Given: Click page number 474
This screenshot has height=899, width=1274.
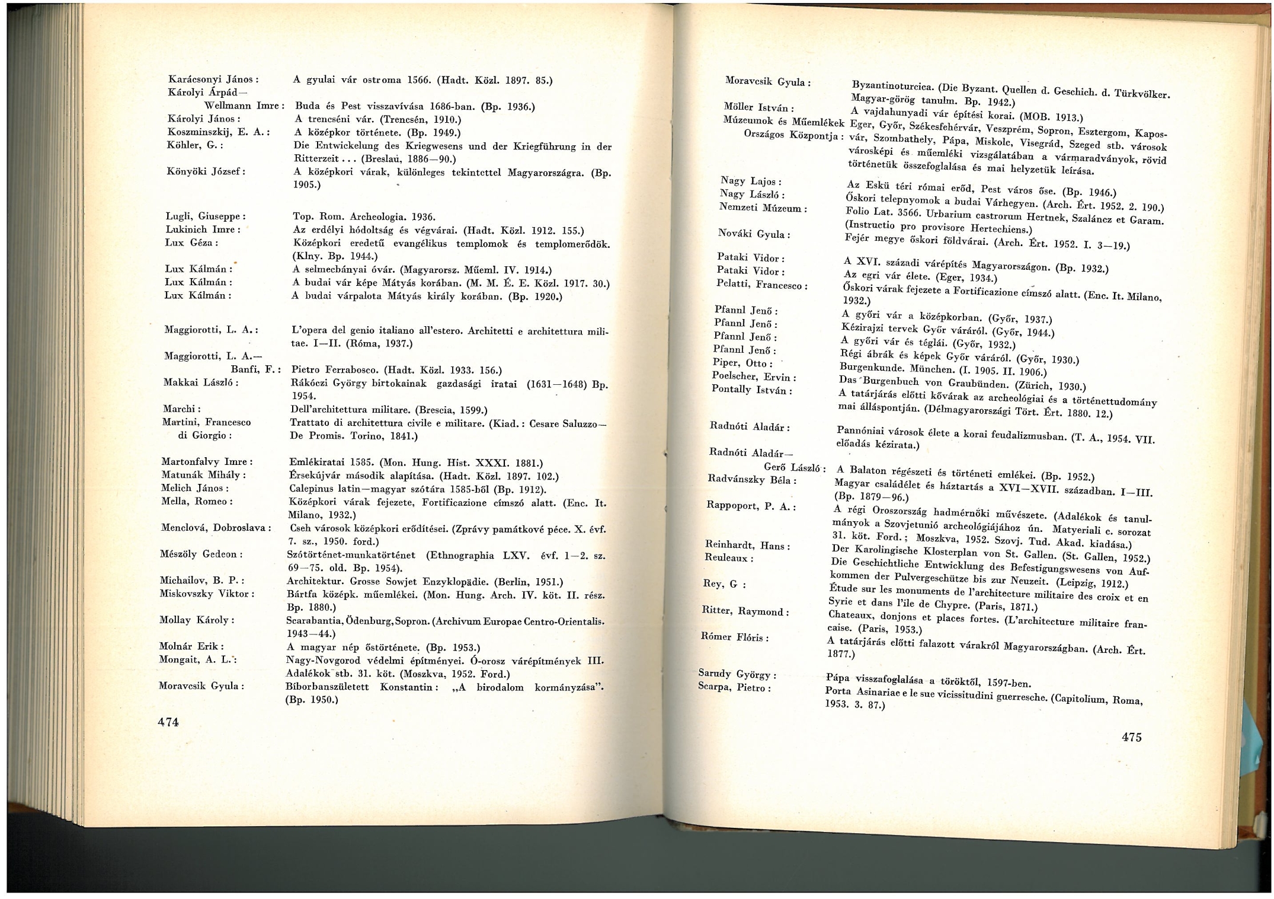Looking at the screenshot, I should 168,722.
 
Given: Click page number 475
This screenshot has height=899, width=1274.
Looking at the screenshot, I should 1131,737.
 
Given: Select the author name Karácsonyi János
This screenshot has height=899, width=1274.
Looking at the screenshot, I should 212,79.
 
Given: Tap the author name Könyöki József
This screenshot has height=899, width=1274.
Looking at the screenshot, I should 206,171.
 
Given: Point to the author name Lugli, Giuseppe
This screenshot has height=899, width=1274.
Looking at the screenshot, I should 204,216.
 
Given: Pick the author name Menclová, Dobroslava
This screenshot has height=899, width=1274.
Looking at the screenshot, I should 215,527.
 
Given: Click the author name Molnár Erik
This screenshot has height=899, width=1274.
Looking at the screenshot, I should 191,646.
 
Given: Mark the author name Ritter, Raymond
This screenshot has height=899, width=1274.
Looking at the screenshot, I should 744,610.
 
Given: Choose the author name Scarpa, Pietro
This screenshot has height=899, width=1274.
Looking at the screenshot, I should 734,688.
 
